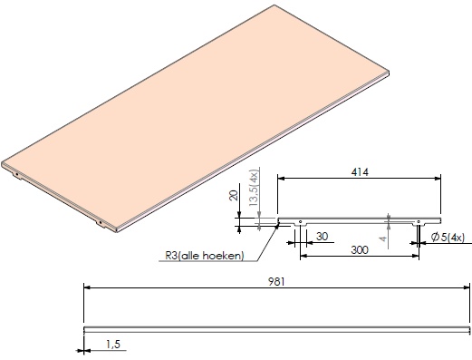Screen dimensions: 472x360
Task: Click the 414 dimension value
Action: tap(360, 172)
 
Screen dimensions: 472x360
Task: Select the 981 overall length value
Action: tap(276, 282)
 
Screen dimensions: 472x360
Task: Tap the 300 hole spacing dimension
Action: tap(360, 250)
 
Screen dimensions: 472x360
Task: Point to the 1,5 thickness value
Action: tap(113, 345)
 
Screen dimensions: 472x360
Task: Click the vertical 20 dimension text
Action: tap(234, 195)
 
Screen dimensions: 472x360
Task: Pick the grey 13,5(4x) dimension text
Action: tap(254, 188)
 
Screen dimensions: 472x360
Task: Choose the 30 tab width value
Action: tap(322, 237)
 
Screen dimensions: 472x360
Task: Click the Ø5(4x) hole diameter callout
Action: tap(448, 238)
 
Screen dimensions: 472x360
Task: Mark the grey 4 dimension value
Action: tap(383, 238)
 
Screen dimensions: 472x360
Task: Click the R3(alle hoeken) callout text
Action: tap(204, 256)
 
